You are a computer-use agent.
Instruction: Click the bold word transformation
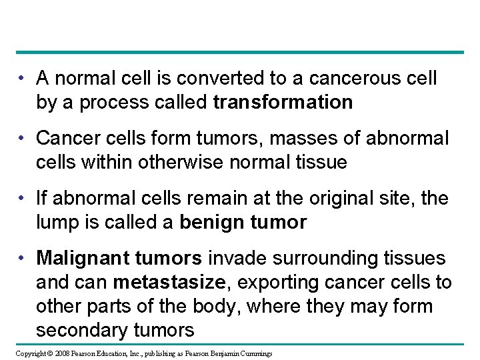[x=283, y=103]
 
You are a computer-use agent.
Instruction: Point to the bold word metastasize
[x=168, y=282]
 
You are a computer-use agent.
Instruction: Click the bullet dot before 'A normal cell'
[x=23, y=79]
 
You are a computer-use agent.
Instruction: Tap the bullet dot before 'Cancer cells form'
[x=23, y=138]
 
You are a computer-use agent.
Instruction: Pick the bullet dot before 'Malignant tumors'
[x=23, y=258]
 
